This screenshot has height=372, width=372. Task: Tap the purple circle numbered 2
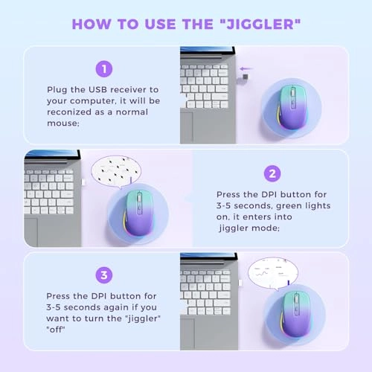pos(272,174)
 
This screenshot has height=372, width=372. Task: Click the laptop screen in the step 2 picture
pos(52,157)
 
